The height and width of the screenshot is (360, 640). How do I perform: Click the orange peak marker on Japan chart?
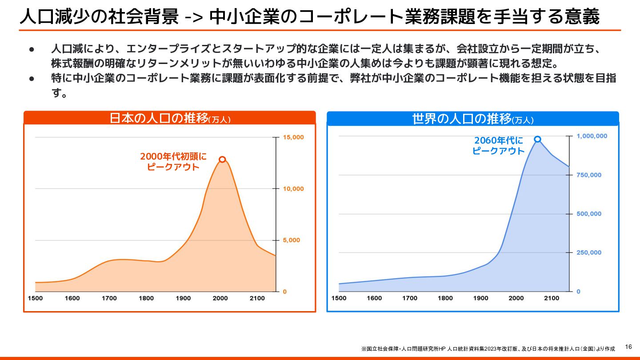(222, 160)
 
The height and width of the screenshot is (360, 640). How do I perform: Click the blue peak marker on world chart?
(537, 140)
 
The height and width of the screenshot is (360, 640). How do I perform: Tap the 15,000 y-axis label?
(293, 137)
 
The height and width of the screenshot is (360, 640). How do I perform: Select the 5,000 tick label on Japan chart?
(292, 240)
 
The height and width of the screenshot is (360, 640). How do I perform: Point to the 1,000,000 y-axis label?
(592, 136)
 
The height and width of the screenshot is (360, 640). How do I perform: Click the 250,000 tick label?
(589, 253)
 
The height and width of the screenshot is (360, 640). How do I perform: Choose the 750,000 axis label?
(589, 175)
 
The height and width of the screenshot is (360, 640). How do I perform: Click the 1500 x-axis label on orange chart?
(35, 298)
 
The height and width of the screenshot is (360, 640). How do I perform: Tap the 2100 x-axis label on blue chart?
(552, 298)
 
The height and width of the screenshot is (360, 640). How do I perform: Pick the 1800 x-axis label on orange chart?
(146, 298)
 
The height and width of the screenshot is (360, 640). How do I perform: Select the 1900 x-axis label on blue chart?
(480, 298)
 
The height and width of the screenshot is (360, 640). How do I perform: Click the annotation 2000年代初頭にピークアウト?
(173, 162)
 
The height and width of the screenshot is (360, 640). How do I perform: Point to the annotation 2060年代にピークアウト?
(498, 146)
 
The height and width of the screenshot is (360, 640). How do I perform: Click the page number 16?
(628, 347)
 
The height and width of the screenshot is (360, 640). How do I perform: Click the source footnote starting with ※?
(488, 349)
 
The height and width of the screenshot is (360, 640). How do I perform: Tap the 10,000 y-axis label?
(293, 189)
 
